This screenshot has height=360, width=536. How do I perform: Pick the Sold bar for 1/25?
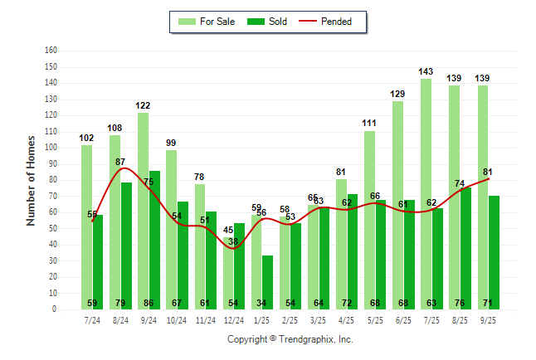point(267,282)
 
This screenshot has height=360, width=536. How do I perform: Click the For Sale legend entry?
point(207,22)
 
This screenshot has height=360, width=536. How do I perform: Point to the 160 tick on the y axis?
point(51,51)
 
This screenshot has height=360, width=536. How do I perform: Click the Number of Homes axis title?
point(31,180)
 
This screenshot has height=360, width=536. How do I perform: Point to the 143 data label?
point(426,72)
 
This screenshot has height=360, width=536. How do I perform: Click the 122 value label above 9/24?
point(143,106)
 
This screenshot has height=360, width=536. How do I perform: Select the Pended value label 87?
point(120,162)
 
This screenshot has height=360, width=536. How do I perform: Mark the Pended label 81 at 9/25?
point(488,173)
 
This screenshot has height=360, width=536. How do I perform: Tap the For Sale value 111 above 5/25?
point(369,124)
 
